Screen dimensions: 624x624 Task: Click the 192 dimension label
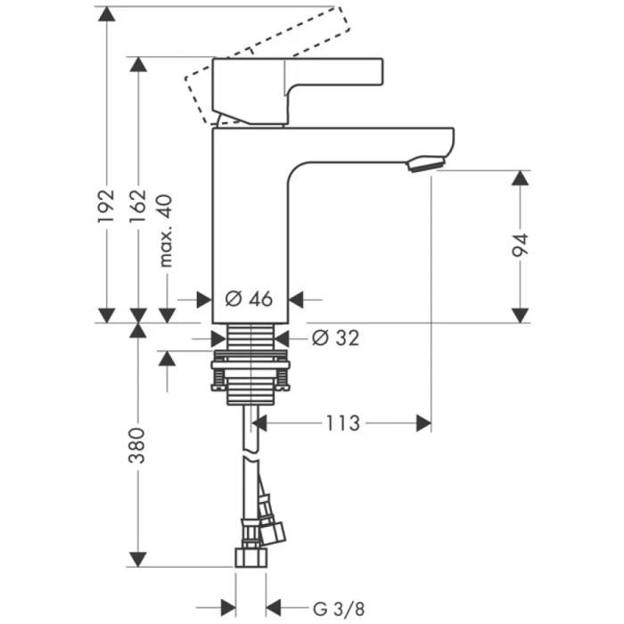click(x=106, y=205)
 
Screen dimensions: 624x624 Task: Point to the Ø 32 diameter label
click(x=336, y=338)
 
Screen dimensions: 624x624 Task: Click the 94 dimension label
click(x=521, y=245)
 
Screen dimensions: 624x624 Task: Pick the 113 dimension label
click(x=342, y=423)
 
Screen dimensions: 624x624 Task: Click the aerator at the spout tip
click(x=425, y=164)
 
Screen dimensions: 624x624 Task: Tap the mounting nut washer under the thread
click(x=250, y=364)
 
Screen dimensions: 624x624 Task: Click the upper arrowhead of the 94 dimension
click(x=521, y=177)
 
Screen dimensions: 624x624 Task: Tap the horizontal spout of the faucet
click(x=374, y=143)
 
